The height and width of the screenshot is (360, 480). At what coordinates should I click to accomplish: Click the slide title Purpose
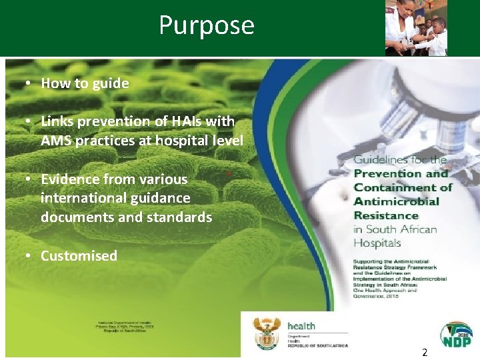tap(207, 25)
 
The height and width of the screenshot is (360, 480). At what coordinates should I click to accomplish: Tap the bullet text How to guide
tap(85, 83)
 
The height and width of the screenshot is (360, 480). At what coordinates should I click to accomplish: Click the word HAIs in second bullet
tap(183, 121)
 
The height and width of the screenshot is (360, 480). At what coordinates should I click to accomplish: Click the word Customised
tap(79, 256)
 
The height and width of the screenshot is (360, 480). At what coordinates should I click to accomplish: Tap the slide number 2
tap(425, 351)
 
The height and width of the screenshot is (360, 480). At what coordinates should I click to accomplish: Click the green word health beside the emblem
tap(301, 326)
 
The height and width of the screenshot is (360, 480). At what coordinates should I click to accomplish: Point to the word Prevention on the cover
tap(387, 174)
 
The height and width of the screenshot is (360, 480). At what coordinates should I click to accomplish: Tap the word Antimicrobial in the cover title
tap(396, 201)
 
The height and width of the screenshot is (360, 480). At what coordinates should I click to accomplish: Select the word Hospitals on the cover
tap(377, 243)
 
